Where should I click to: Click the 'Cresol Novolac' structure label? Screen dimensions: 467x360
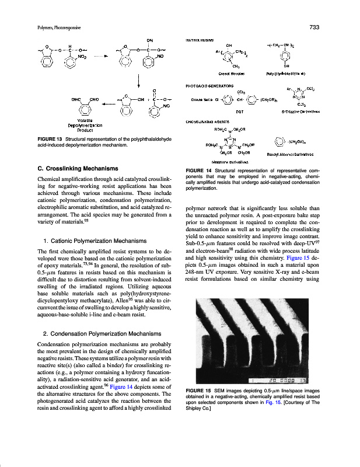(x=231, y=74)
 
